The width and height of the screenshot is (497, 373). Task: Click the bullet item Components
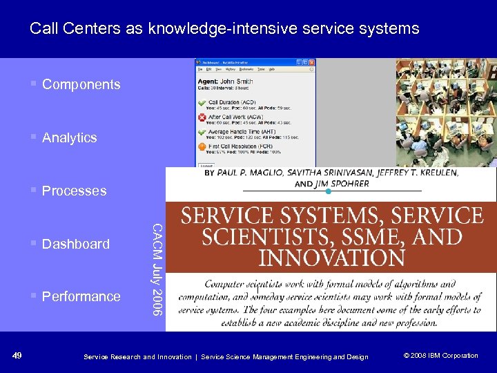[x=81, y=85]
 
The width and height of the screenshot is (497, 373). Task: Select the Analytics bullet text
[x=69, y=138]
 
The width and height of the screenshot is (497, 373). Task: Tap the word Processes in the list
[x=74, y=191]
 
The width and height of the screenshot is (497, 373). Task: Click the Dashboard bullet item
[x=75, y=244]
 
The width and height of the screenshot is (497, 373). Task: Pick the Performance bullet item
[x=81, y=297]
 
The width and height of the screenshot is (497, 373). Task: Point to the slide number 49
[x=17, y=356]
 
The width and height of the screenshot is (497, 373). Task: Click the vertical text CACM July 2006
[x=157, y=269]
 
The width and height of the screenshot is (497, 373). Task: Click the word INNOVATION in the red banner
[x=331, y=258]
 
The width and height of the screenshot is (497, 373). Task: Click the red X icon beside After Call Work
[x=202, y=117]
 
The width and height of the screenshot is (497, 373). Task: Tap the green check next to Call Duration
[x=202, y=103]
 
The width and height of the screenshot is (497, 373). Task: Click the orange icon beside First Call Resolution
[x=202, y=146]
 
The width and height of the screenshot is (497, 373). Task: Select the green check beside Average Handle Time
[x=202, y=132]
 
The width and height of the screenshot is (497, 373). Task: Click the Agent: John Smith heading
[x=225, y=82]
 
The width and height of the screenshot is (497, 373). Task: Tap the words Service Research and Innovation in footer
[x=137, y=356]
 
